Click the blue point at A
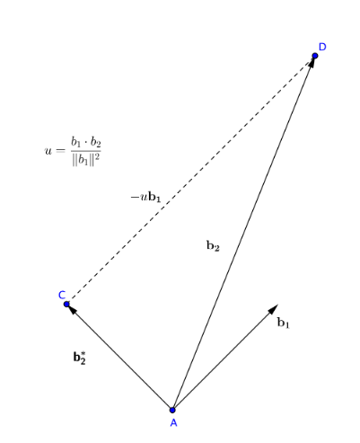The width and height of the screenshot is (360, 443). tap(172, 410)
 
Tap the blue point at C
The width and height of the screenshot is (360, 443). tap(66, 305)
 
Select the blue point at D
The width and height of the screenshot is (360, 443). tap(315, 56)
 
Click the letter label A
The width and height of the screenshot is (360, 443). tap(173, 423)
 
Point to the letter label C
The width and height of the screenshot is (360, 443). tap(62, 295)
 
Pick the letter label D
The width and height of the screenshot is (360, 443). tap(322, 47)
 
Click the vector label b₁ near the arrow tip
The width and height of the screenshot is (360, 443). tap(284, 323)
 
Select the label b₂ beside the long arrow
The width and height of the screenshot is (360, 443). tap(213, 245)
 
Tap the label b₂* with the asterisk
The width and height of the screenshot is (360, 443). tap(80, 358)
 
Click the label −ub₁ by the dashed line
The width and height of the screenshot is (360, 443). tap(145, 198)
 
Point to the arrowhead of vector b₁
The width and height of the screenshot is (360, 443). tap(273, 309)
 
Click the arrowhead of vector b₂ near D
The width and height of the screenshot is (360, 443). tap(312, 62)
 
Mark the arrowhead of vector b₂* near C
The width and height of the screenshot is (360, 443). tap(73, 310)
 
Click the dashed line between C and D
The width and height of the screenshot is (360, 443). tap(190, 180)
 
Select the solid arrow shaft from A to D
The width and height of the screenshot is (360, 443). tap(243, 233)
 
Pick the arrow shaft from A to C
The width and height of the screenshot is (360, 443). tap(119, 357)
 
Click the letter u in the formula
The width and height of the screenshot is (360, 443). tap(48, 151)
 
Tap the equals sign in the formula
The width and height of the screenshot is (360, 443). tap(60, 151)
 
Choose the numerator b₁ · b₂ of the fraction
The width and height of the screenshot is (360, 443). tap(86, 142)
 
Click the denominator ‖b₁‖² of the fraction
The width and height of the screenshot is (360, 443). tap(86, 159)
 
